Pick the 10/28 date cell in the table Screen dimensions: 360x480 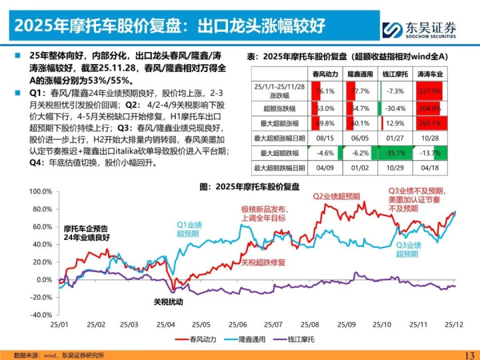430,137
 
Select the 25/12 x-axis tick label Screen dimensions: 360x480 455,325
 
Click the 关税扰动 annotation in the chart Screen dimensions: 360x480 167,301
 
